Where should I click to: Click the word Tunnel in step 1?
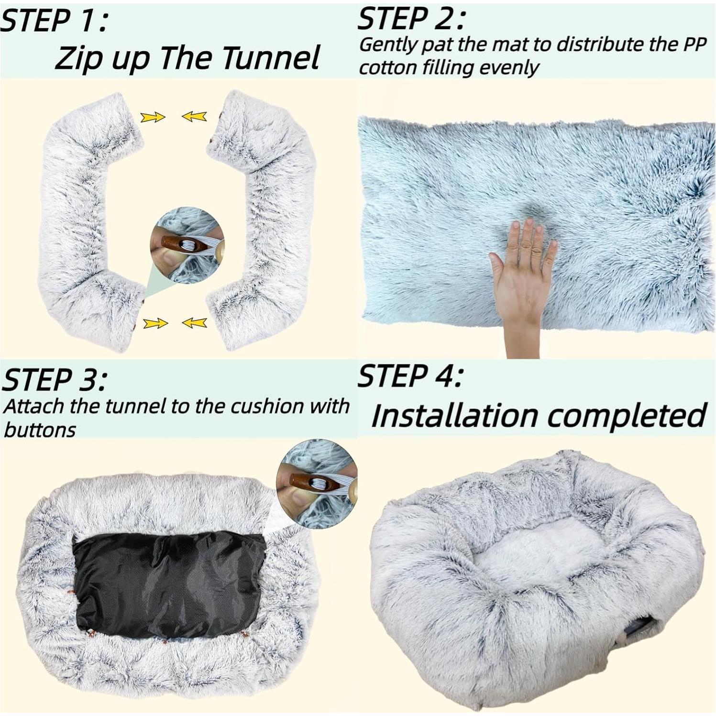[271, 58]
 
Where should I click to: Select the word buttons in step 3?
[39, 430]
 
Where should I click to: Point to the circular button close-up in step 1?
[187, 244]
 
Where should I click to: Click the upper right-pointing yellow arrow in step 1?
[153, 117]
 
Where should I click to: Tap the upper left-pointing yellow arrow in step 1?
[194, 116]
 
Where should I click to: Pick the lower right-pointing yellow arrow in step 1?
[155, 324]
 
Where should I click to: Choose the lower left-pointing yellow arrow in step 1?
[195, 323]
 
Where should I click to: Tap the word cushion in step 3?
[265, 407]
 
